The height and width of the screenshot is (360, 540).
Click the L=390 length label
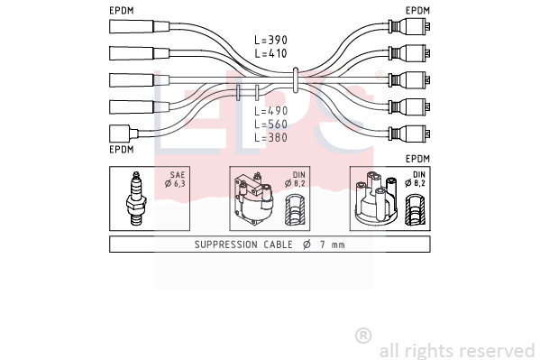pyautogui.click(x=270, y=40)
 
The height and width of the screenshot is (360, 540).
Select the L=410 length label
pyautogui.click(x=270, y=53)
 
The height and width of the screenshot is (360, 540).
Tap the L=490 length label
pyautogui.click(x=271, y=111)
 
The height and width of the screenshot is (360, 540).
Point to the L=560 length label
pyautogui.click(x=271, y=125)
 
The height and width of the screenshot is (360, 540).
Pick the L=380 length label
pyautogui.click(x=271, y=137)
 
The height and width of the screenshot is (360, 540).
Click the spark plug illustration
pyautogui.click(x=136, y=198)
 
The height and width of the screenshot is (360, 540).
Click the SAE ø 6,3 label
pyautogui.click(x=175, y=180)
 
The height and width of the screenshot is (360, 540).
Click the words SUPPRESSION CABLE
pyautogui.click(x=243, y=245)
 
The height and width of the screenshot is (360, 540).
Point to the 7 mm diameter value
pyautogui.click(x=333, y=245)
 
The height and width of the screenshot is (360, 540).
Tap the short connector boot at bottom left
pyautogui.click(x=124, y=134)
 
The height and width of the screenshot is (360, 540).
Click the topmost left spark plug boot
pyautogui.click(x=140, y=26)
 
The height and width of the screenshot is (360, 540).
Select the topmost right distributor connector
pyautogui.click(x=409, y=26)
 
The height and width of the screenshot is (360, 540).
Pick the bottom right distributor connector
pyautogui.click(x=409, y=134)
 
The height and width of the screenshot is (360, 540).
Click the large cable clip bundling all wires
pyautogui.click(x=295, y=80)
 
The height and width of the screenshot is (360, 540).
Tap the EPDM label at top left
pyautogui.click(x=122, y=11)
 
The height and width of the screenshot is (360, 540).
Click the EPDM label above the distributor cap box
pyautogui.click(x=417, y=159)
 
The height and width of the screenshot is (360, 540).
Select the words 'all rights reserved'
pyautogui.click(x=457, y=351)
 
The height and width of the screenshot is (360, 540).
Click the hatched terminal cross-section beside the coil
pyautogui.click(x=295, y=209)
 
